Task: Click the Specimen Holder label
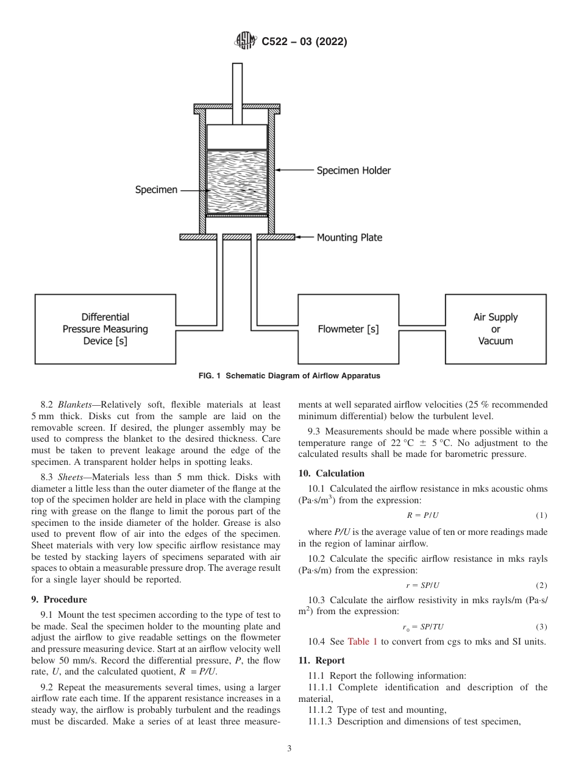(x=353, y=171)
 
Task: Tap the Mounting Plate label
(x=349, y=238)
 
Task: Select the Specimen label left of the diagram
(x=156, y=190)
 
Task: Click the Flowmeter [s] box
(x=348, y=330)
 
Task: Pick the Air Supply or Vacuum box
(x=496, y=329)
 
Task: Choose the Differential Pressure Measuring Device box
(x=105, y=330)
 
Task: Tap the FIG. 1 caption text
(x=289, y=376)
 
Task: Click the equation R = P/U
(x=422, y=515)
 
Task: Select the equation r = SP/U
(x=422, y=586)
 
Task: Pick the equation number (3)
(x=541, y=627)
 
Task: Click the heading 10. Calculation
(x=331, y=473)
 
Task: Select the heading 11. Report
(x=321, y=660)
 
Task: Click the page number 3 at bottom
(x=289, y=749)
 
